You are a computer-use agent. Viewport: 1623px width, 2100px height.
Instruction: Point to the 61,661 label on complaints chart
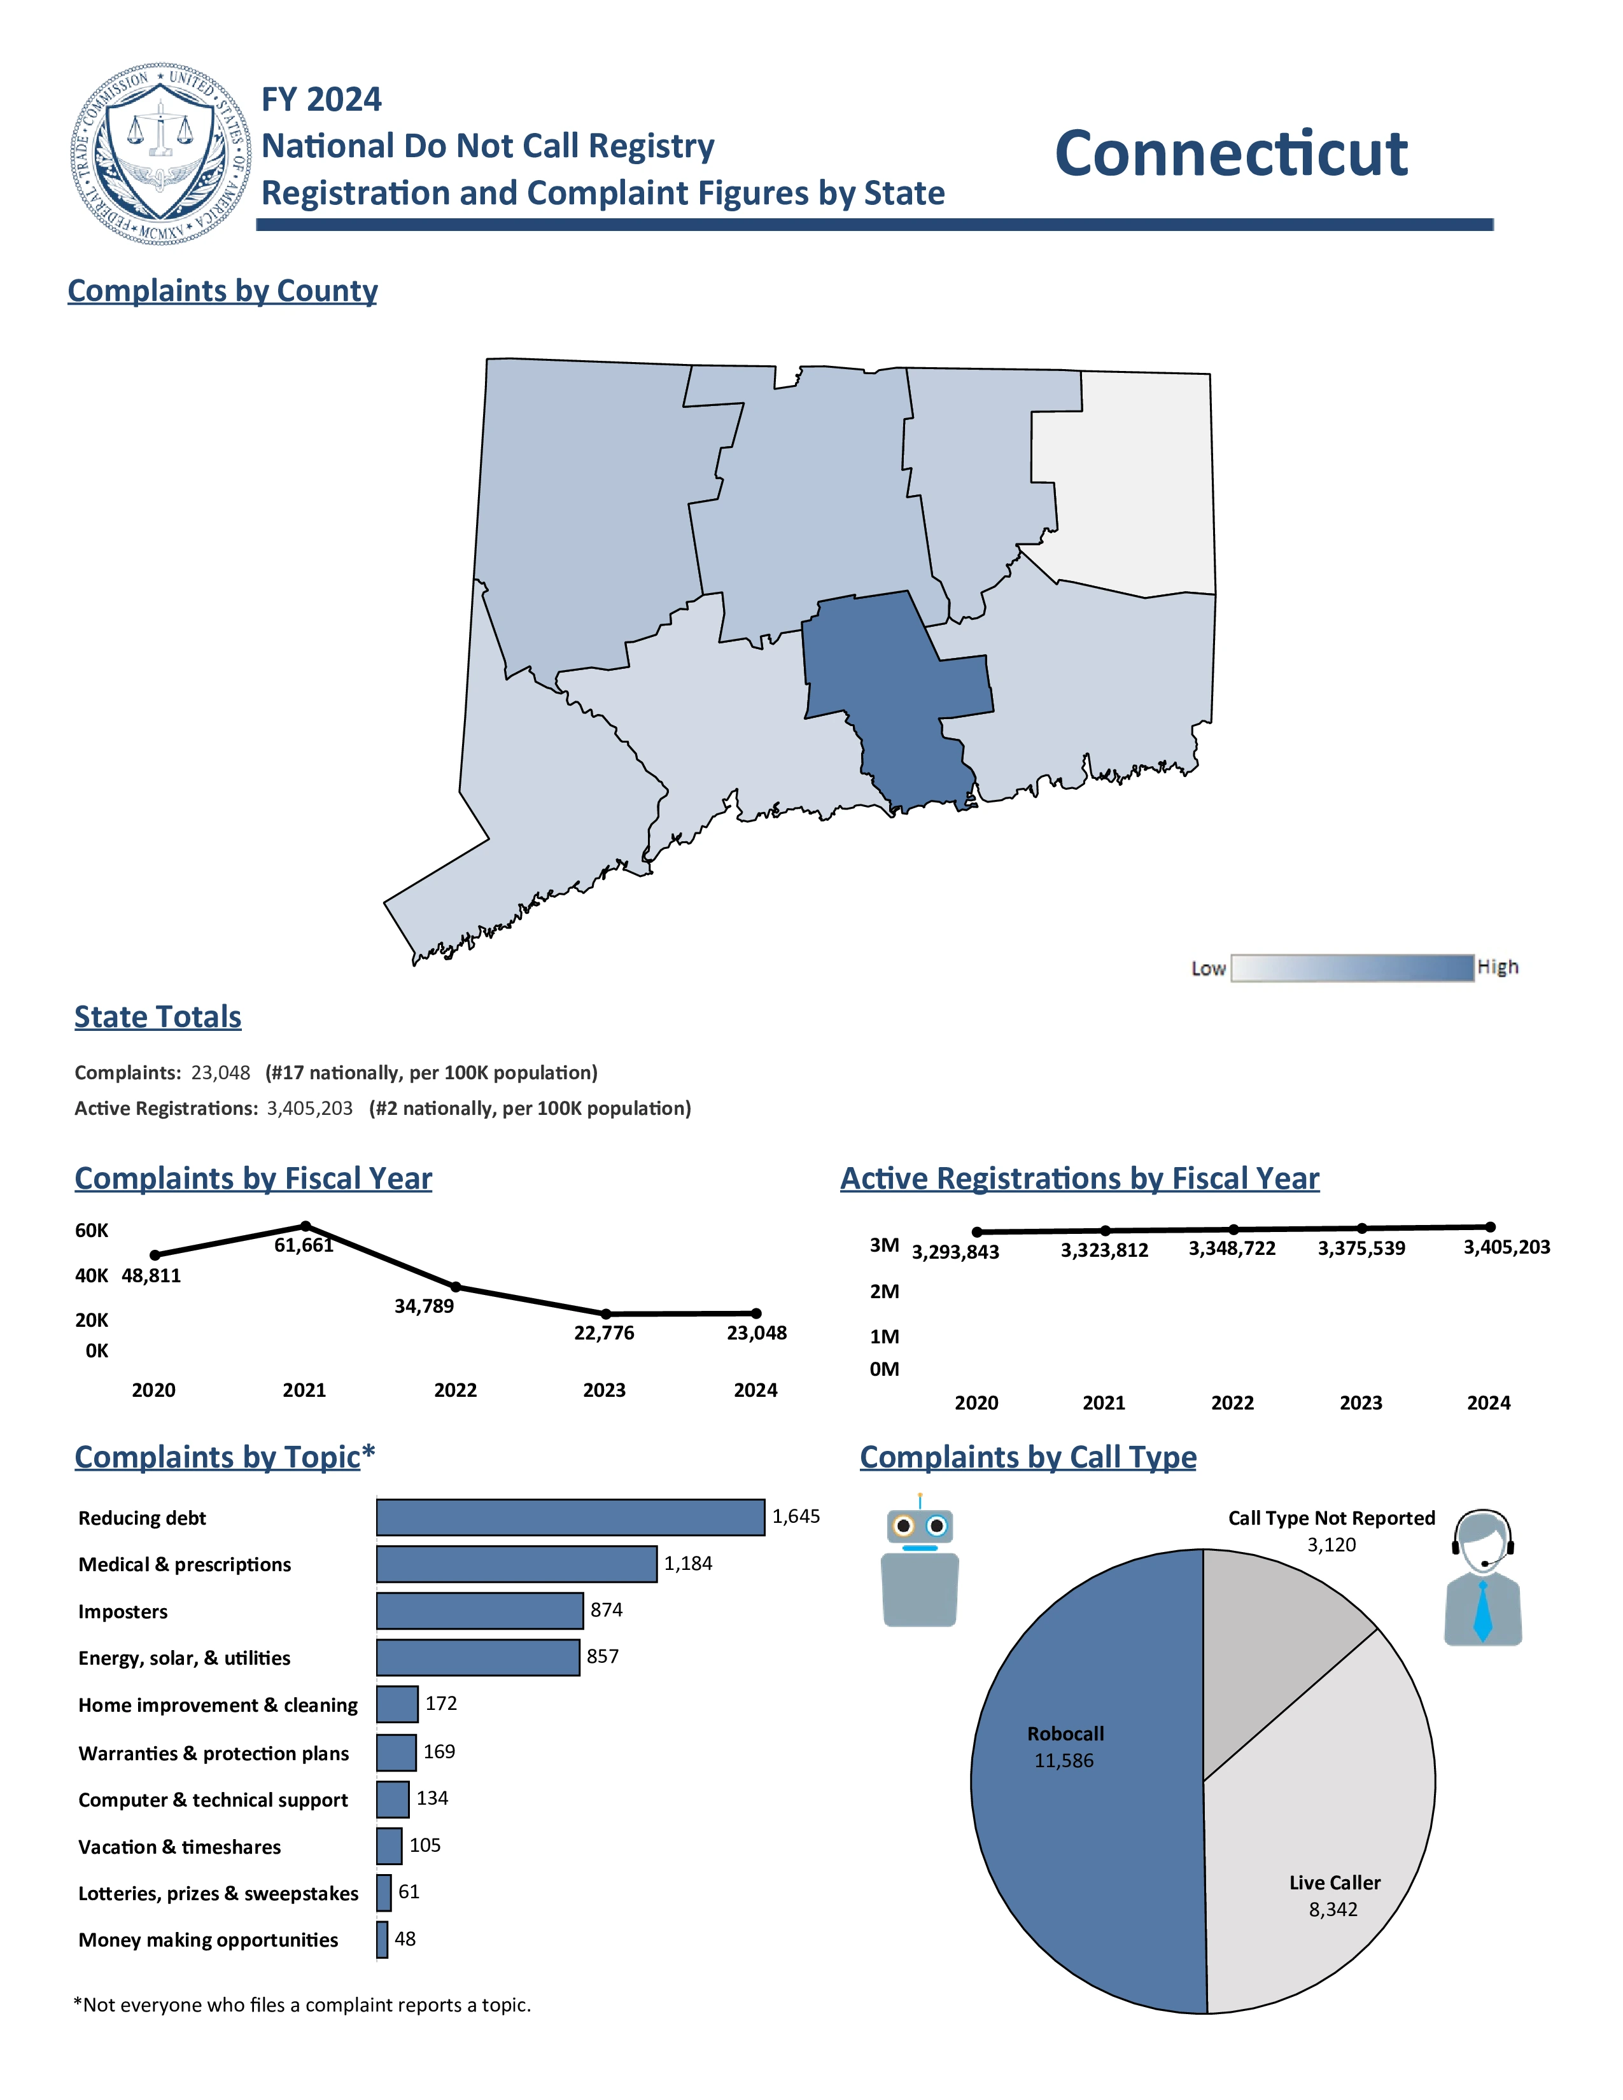[304, 1245]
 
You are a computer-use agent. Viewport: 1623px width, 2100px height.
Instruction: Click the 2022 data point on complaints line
[456, 1287]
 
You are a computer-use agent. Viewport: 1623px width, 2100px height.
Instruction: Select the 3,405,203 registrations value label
[1506, 1247]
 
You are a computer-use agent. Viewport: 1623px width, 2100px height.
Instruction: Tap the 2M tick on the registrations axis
[883, 1291]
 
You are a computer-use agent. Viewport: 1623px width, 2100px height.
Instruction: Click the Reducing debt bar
[570, 1517]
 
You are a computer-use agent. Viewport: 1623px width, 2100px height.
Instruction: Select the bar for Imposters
[479, 1611]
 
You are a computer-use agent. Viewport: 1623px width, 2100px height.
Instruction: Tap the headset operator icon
[1482, 1577]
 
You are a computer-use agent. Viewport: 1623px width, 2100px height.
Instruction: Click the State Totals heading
[158, 1016]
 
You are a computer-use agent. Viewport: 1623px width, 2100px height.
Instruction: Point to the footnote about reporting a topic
[302, 2005]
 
